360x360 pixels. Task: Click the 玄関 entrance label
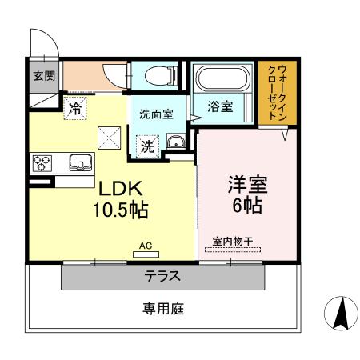click(x=42, y=76)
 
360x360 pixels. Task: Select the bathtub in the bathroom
click(x=223, y=80)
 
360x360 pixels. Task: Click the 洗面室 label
click(x=156, y=114)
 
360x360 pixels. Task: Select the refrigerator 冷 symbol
click(x=75, y=109)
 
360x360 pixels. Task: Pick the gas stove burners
click(x=41, y=163)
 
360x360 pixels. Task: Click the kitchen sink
click(x=81, y=163)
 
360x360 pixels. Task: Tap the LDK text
click(x=120, y=190)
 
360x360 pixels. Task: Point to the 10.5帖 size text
click(x=121, y=211)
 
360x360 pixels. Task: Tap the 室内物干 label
click(x=232, y=241)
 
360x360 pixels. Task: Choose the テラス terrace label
click(x=162, y=278)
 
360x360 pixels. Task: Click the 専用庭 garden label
click(x=163, y=308)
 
